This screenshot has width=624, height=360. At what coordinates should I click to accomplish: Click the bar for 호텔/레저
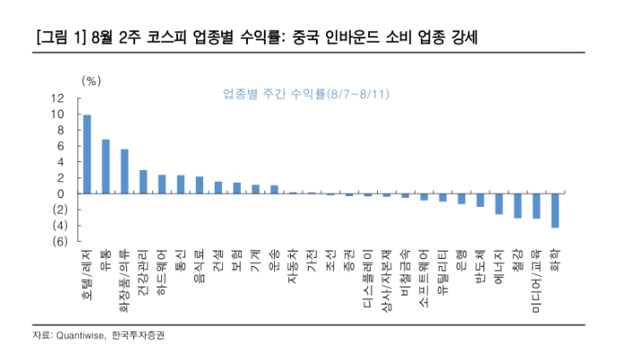(x=87, y=154)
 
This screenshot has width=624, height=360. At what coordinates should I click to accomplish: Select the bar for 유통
(x=106, y=167)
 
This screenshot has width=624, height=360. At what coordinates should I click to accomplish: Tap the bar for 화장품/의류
(x=124, y=171)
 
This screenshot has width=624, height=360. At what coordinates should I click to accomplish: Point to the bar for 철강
(x=517, y=205)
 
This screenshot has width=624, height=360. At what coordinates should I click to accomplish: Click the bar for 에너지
(x=499, y=203)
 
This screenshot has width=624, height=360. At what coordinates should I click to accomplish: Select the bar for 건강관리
(x=143, y=182)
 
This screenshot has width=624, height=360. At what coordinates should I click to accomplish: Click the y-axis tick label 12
(x=58, y=99)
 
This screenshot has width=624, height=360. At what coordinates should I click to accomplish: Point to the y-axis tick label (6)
(x=58, y=242)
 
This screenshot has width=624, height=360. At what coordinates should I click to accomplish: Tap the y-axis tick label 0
(x=62, y=193)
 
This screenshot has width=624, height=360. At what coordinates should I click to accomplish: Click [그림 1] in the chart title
(x=56, y=39)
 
